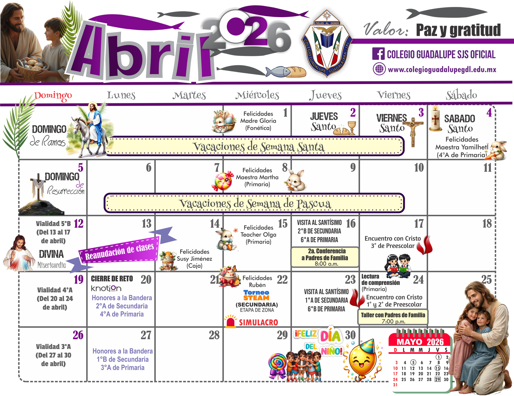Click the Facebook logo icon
[x=378, y=54]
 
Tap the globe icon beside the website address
[x=379, y=69]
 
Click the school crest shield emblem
[x=327, y=43]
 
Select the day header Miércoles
[x=257, y=95]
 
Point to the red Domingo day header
[x=53, y=96]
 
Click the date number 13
[x=147, y=223]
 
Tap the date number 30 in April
[x=350, y=335]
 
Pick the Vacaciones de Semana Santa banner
[x=256, y=146]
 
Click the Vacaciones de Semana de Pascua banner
[x=254, y=203]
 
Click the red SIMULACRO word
[x=258, y=322]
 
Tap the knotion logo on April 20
[x=106, y=288]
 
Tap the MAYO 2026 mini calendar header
[x=420, y=342]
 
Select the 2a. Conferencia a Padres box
[x=325, y=257]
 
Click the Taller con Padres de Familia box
[x=393, y=317]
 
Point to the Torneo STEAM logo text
[x=256, y=295]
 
